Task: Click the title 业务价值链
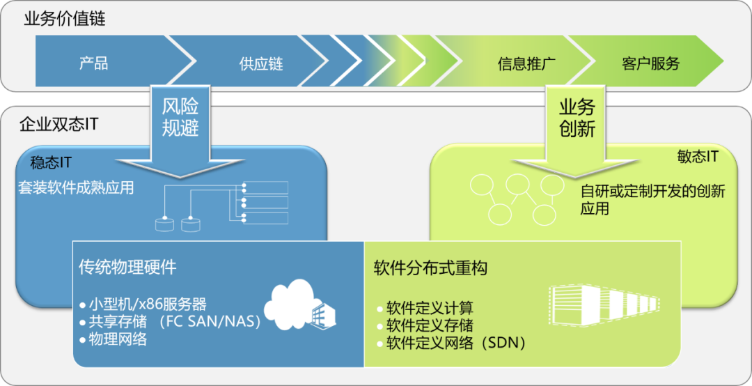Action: (65, 19)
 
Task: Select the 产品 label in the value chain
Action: (93, 63)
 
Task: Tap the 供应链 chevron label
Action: (261, 64)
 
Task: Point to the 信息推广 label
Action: (526, 64)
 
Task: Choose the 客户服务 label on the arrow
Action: (650, 64)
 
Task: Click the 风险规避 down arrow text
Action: (180, 116)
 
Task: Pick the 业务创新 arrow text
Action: (577, 117)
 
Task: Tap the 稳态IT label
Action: (51, 162)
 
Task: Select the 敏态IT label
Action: (697, 157)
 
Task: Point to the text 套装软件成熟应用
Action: (76, 187)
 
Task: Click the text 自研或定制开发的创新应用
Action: (652, 199)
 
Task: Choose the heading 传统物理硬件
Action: (127, 267)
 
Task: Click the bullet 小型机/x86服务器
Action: (148, 304)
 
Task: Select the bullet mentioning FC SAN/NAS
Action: (174, 321)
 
